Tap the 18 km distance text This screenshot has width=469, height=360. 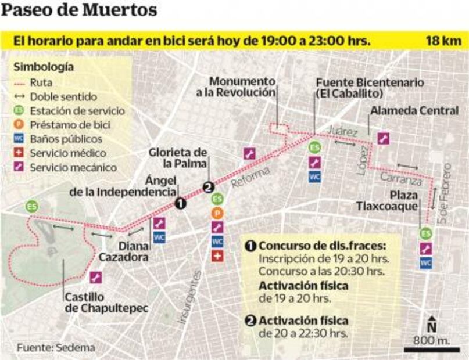[443, 41]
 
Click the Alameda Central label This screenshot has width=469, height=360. [414, 110]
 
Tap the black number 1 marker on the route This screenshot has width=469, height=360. [180, 203]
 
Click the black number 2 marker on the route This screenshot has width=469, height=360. [208, 187]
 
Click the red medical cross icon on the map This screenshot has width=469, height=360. [217, 255]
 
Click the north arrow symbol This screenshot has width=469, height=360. [432, 325]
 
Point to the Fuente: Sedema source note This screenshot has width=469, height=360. [56, 347]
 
